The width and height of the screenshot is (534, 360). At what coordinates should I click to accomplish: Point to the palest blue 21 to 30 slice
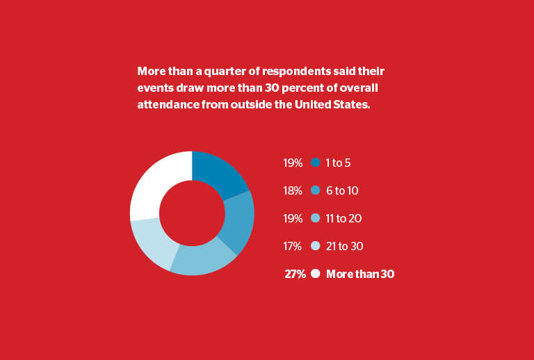tap(154, 243)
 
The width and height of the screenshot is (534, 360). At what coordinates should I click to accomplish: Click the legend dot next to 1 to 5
tap(316, 163)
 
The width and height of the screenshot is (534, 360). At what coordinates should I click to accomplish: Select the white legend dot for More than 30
tap(316, 274)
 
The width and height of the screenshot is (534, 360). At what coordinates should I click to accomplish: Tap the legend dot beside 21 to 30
tap(316, 246)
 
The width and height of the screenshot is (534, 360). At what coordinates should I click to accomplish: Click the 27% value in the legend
tap(295, 274)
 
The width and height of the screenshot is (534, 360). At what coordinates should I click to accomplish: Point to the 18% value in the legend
tap(293, 190)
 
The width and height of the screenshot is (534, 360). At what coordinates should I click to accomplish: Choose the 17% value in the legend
tap(293, 246)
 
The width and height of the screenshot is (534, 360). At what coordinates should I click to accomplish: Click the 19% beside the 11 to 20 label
tap(293, 218)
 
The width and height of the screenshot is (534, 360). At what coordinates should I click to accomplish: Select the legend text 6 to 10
tap(342, 190)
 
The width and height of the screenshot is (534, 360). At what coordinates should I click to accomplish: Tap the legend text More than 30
tap(360, 274)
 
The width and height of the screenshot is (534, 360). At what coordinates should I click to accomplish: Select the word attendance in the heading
tap(168, 104)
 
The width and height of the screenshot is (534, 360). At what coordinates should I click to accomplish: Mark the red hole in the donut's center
tap(192, 213)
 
